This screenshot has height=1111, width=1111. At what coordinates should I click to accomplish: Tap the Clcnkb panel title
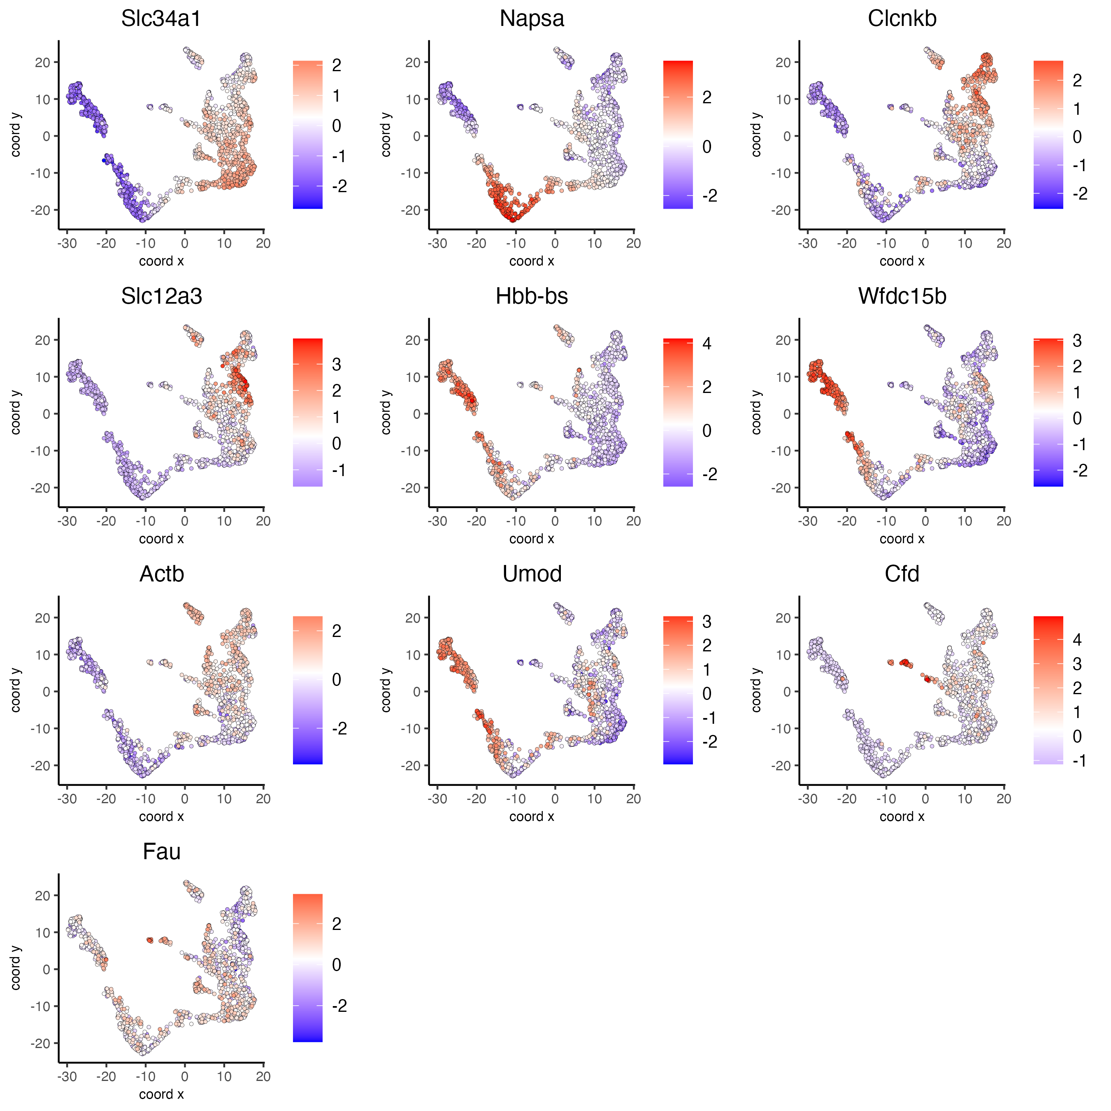point(902,19)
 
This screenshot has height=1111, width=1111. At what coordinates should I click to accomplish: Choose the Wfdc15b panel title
point(902,296)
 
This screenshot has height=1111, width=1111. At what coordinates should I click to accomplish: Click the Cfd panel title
point(902,574)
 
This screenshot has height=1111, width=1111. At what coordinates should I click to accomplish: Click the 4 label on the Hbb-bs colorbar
point(707,344)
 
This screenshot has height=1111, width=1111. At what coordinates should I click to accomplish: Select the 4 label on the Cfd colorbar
point(1077,640)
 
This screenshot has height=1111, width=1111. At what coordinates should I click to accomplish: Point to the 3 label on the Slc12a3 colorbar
point(337,365)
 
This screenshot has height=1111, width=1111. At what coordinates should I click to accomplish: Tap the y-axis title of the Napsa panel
point(386,135)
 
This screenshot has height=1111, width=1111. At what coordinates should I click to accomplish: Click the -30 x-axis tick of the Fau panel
point(67,1076)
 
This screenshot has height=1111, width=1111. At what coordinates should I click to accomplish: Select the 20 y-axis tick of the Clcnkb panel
point(783,63)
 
